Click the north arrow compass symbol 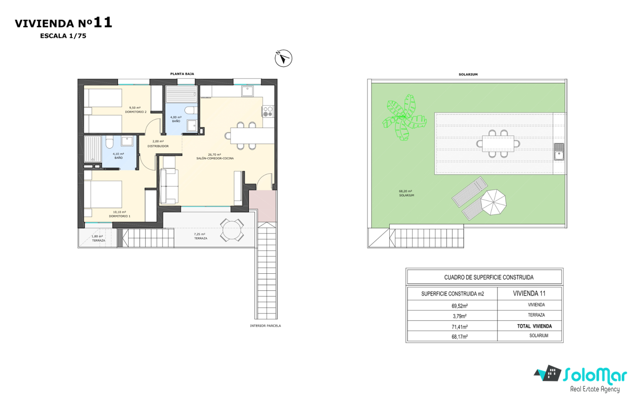283,58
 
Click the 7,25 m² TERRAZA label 200,236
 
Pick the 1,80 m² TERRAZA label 98,238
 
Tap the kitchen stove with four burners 267,111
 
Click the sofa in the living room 168,186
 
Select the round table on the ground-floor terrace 232,230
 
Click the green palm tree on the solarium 404,117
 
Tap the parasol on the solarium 493,202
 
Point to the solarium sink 559,151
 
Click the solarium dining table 498,144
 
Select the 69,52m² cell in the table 460,306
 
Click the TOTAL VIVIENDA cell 534,326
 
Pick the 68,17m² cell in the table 460,336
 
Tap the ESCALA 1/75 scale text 63,36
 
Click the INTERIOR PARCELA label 266,326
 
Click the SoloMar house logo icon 548,373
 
